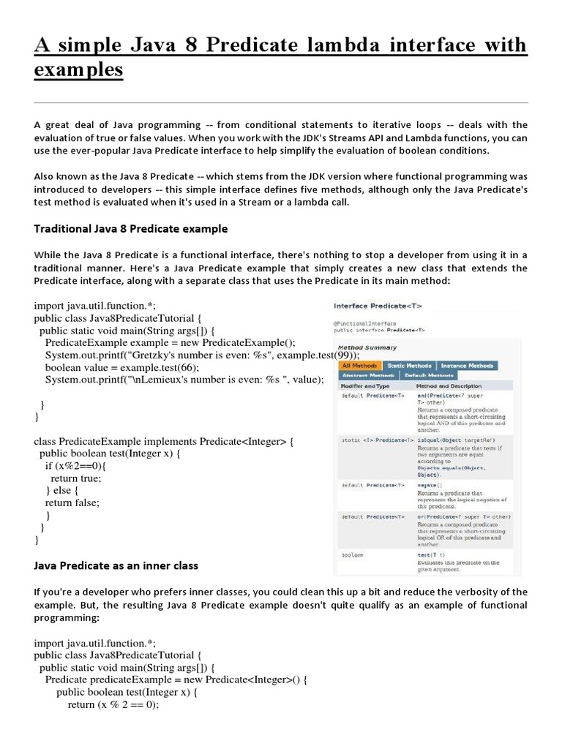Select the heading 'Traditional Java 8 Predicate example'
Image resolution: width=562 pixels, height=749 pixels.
tap(131, 229)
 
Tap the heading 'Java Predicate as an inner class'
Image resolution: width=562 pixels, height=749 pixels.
tap(116, 566)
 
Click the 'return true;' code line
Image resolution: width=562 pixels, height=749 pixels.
tap(76, 478)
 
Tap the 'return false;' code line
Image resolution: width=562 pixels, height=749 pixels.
tap(72, 503)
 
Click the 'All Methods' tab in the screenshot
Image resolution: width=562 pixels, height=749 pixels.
tap(359, 365)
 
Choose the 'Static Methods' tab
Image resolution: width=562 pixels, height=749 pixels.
tap(409, 365)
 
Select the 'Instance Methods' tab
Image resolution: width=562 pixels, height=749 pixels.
tap(466, 365)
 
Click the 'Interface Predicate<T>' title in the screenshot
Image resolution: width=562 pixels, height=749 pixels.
tap(378, 306)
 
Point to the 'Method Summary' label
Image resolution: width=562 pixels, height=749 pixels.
tap(367, 347)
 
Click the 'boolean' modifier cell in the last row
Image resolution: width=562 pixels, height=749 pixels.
tap(352, 555)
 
